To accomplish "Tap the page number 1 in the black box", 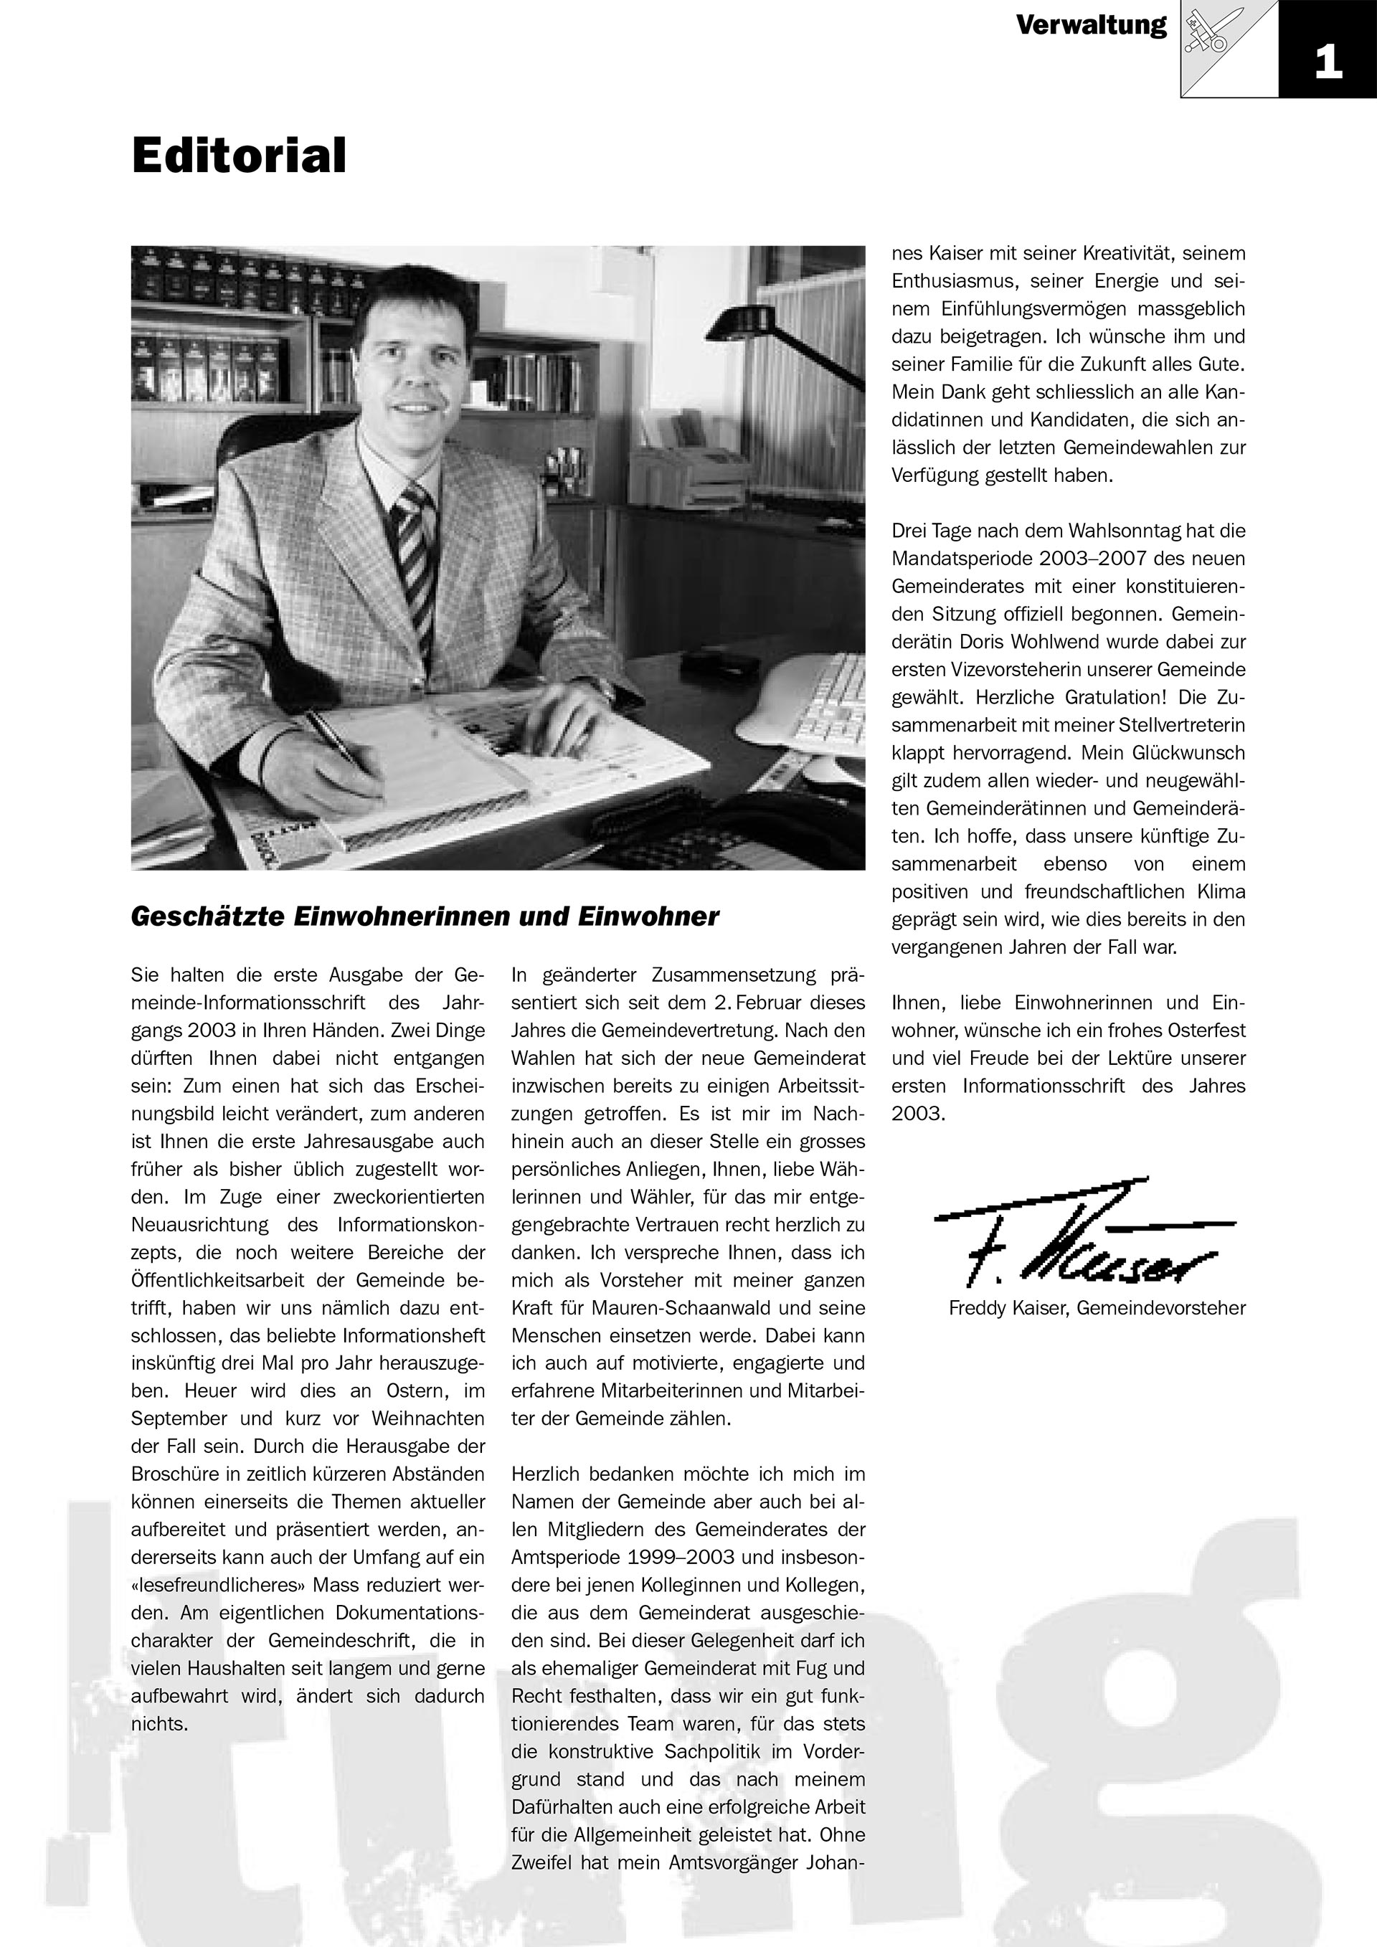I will tap(1328, 63).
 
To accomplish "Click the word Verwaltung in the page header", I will tap(1092, 25).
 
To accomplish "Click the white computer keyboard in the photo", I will tap(827, 704).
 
